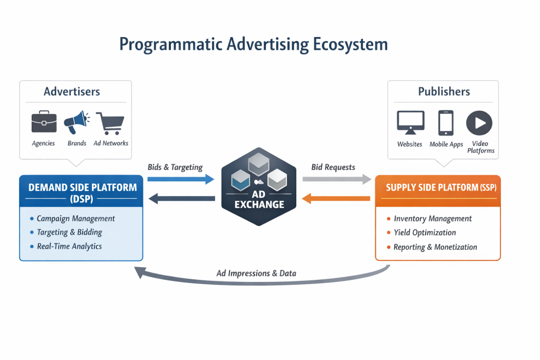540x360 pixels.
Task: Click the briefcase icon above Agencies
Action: click(x=44, y=123)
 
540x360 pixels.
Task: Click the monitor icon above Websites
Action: click(x=410, y=123)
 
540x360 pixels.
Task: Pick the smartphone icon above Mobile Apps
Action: click(x=446, y=123)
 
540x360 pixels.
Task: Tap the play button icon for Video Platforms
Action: click(x=479, y=123)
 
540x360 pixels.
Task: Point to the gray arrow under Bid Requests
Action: click(x=336, y=180)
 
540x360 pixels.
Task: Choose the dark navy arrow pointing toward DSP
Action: click(x=182, y=198)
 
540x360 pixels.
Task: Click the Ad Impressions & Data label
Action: click(x=256, y=273)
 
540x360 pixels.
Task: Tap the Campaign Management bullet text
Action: click(x=75, y=218)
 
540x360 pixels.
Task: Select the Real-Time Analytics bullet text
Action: click(x=69, y=246)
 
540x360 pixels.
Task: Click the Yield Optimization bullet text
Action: click(x=425, y=232)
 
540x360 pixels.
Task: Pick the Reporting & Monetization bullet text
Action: click(x=435, y=247)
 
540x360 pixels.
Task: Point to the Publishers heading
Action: click(x=443, y=92)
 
